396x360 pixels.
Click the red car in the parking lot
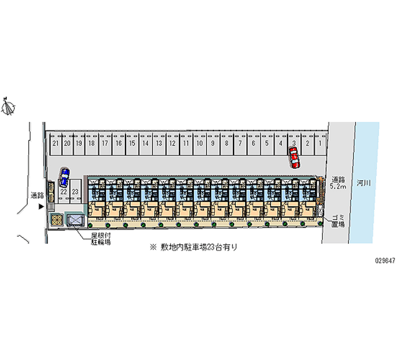point(295,158)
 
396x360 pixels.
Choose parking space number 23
point(75,191)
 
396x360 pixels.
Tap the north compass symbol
point(8,106)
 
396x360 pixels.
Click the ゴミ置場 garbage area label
point(338,220)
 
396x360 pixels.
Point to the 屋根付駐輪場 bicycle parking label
point(100,240)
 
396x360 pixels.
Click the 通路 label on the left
point(37,195)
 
